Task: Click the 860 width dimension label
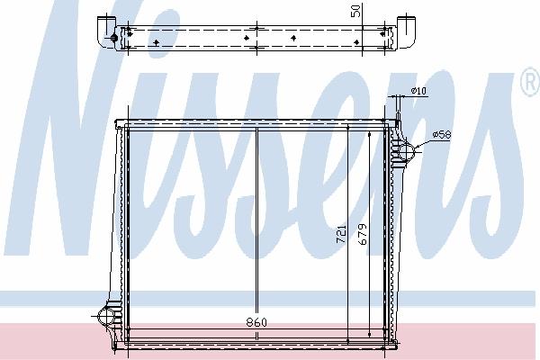pos(256,323)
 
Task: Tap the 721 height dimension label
pos(341,234)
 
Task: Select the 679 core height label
pos(363,234)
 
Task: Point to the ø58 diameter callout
pos(442,134)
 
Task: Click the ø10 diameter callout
pos(418,91)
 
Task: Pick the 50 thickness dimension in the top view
pos(355,11)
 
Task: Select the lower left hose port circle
pos(107,316)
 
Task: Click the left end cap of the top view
pos(106,31)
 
